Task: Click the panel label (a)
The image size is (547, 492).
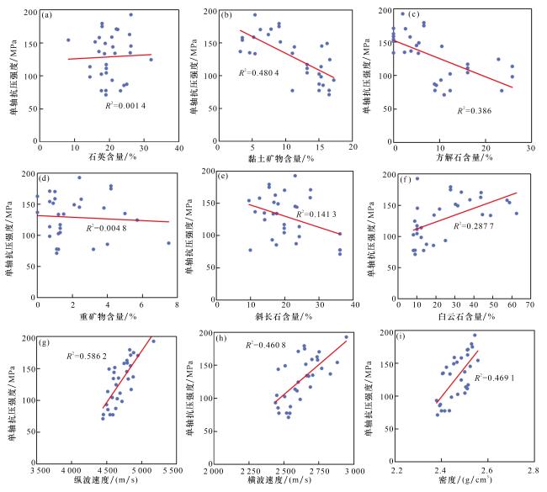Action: click(x=49, y=14)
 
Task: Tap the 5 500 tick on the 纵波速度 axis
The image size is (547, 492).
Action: click(x=173, y=469)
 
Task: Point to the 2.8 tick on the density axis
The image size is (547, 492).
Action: click(x=532, y=469)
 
